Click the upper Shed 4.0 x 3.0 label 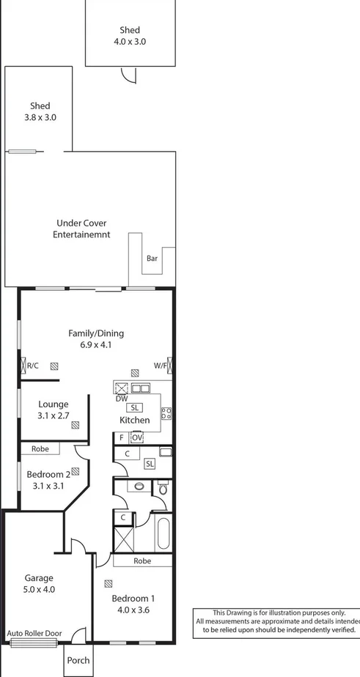coord(130,36)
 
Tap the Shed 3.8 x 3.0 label coord(40,111)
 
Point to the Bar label coord(152,259)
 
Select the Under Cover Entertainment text coord(81,229)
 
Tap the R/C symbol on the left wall coord(32,365)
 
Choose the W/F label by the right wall coord(160,365)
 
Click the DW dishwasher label coord(122,399)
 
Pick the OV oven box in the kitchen coord(136,437)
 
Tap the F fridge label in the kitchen coord(121,438)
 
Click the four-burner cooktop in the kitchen coord(166,413)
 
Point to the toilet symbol coord(163,487)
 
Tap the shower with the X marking coord(122,540)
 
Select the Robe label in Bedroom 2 coord(40,448)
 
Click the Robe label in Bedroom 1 coord(142,561)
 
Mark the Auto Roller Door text coord(34,633)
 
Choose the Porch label coord(78,660)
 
